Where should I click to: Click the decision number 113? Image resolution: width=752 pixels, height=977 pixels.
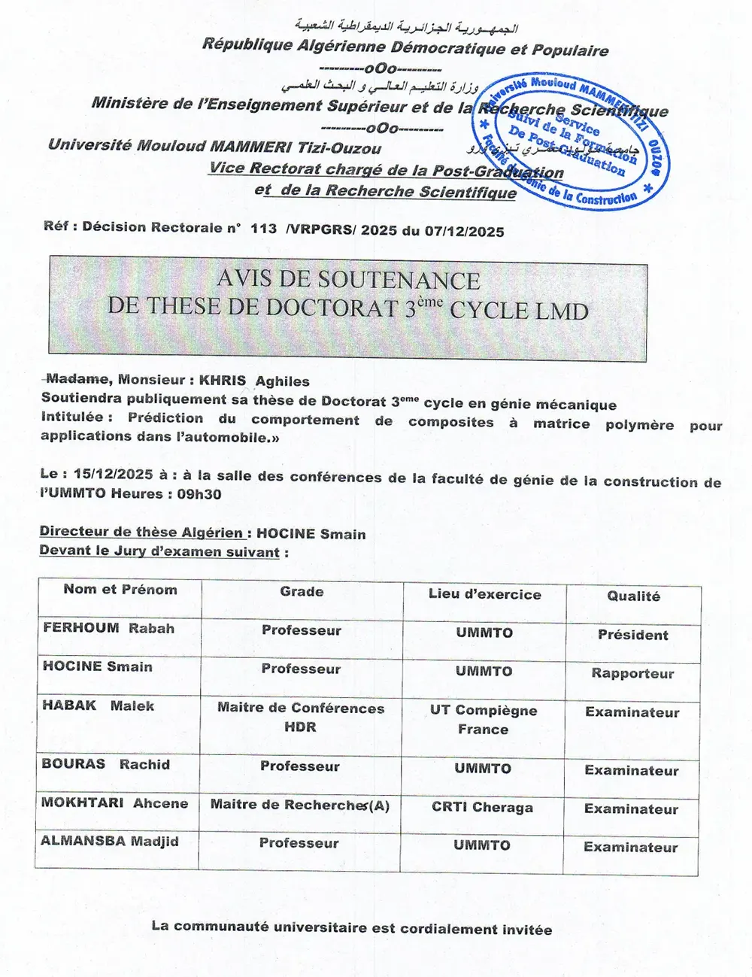pos(263,228)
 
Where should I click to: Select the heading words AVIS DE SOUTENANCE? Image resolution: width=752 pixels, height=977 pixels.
pos(348,281)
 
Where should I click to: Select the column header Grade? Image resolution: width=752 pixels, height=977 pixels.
pos(302,592)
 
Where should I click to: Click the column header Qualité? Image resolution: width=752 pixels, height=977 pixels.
pos(633,596)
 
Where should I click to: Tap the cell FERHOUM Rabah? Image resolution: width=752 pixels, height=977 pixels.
pos(109,628)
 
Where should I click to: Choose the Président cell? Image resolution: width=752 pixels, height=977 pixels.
pos(632,635)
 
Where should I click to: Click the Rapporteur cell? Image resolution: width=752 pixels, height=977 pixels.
pos(632,673)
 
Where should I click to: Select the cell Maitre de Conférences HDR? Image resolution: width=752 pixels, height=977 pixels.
pos(301,718)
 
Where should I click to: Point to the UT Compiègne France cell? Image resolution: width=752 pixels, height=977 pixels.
pos(484,720)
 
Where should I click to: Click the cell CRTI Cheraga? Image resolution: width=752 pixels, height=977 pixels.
pos(482,807)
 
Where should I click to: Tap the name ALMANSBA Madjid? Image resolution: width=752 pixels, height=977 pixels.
pos(110,841)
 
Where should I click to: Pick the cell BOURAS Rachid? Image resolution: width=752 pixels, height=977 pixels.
pos(106,764)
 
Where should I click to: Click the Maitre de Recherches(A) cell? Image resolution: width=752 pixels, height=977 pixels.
pos(300,805)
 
